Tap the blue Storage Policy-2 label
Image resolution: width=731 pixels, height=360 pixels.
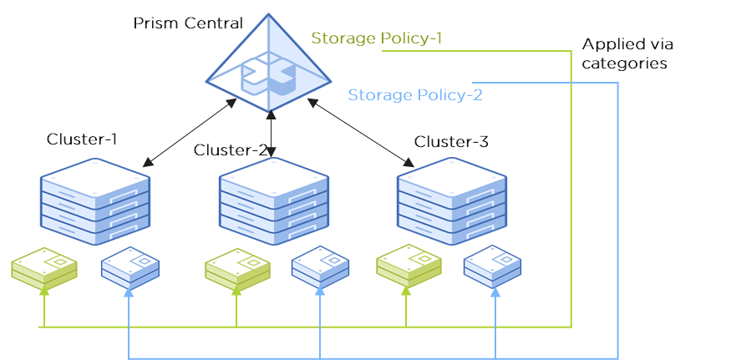click(414, 94)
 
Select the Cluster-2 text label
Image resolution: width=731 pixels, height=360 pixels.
click(230, 150)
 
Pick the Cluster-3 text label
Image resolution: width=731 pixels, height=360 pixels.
click(451, 142)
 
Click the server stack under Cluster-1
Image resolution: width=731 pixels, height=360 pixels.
click(95, 200)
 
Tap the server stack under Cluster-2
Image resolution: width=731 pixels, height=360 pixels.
click(272, 200)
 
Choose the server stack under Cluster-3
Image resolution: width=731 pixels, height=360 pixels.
click(451, 200)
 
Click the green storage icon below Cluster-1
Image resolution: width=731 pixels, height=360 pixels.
click(44, 266)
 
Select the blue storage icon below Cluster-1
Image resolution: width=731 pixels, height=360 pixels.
click(129, 266)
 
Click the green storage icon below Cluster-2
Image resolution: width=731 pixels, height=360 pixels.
click(237, 266)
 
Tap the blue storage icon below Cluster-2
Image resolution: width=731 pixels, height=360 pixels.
click(320, 266)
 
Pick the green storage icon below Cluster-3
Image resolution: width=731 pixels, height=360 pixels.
click(408, 265)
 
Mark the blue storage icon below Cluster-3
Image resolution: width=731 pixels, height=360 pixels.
click(493, 266)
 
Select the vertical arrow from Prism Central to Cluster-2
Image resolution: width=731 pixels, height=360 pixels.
click(272, 134)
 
